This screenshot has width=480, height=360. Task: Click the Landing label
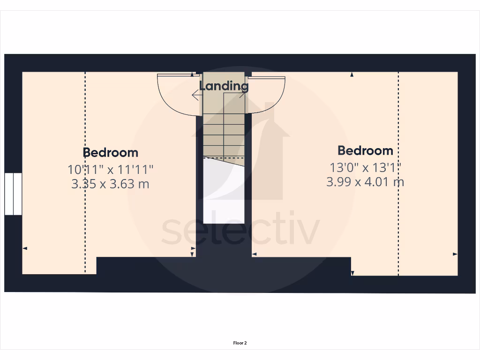224,86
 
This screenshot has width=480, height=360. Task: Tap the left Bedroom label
111,152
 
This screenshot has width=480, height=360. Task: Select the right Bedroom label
365,150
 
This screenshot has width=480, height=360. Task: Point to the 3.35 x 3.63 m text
110,184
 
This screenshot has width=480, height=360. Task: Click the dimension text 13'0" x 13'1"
365,166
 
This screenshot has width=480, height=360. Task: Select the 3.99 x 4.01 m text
365,181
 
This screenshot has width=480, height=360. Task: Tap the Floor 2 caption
240,343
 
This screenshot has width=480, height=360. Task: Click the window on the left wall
13,194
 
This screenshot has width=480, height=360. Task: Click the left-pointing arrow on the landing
195,95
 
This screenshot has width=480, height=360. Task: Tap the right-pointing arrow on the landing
243,95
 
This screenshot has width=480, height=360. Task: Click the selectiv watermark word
240,232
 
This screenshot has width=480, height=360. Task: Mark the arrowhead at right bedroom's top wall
352,74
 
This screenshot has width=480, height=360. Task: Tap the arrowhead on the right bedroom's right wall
455,254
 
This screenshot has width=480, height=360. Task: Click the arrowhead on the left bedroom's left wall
25,248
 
